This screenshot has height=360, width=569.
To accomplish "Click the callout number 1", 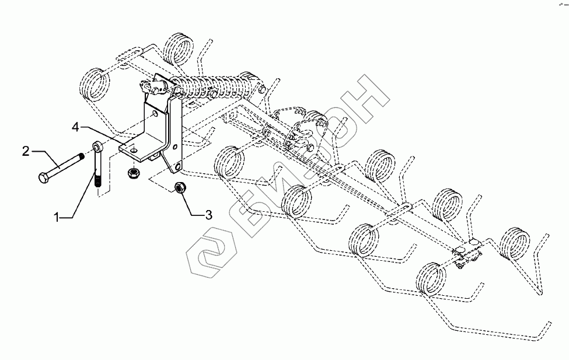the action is pos(57,217).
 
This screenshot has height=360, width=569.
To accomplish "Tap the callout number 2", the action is pos(26,152).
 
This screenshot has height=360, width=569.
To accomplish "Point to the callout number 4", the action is pos(76,126).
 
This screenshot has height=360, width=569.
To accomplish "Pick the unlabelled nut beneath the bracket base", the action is pos(132,173).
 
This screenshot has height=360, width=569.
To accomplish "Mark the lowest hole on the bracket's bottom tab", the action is pos(176,169).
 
